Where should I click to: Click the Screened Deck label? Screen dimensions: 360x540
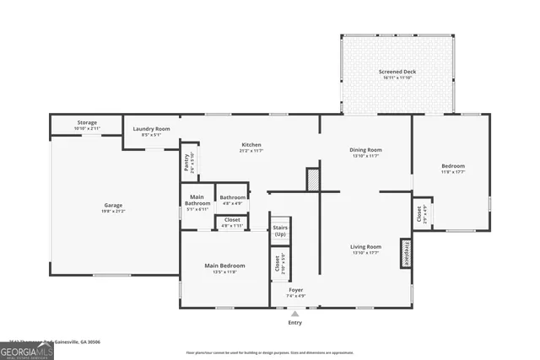coord(397,72)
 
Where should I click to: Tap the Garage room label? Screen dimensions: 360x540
coord(114,205)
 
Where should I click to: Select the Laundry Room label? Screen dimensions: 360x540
coord(152,129)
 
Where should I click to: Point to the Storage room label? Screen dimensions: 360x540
coord(87,122)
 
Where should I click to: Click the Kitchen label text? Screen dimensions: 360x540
coord(251,145)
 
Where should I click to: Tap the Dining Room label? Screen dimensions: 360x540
coord(366,150)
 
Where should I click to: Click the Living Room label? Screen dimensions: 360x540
coord(366,247)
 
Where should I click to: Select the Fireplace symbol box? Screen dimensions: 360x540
coord(406,254)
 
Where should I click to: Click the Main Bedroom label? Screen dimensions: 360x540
coord(224,266)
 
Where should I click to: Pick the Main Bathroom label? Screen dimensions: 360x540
coord(197,203)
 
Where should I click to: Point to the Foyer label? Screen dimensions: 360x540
coord(295,290)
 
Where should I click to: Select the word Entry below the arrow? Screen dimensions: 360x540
coord(294,322)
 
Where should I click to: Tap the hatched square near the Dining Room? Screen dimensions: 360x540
coord(312,179)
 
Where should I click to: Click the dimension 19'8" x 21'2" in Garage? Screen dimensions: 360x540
coord(114,211)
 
